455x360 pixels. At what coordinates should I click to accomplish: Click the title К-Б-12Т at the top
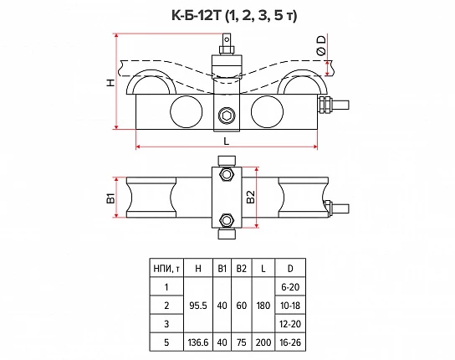click(197, 15)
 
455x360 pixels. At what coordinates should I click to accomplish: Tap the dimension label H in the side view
click(110, 83)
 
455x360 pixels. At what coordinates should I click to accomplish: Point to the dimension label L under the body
click(227, 141)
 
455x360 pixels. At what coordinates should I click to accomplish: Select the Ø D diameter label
click(321, 45)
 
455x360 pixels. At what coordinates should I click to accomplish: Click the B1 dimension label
click(110, 198)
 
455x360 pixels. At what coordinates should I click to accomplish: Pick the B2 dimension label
click(250, 197)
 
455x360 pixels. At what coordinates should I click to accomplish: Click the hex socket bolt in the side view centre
click(227, 116)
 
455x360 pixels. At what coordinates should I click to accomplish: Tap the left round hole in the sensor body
click(186, 111)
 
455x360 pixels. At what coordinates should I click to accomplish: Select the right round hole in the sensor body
click(267, 111)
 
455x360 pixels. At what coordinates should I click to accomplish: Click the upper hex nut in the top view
click(227, 175)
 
